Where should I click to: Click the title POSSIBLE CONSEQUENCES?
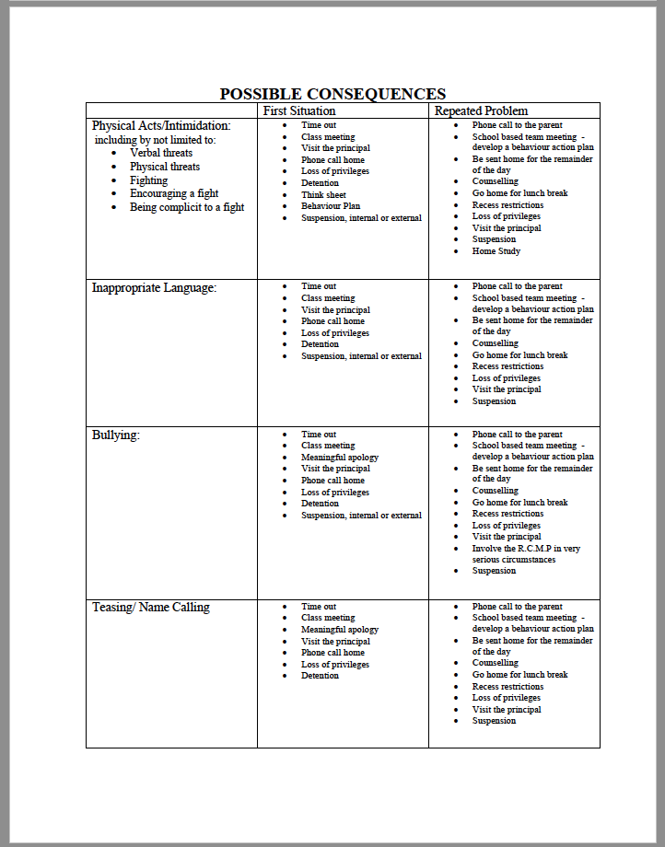(332, 94)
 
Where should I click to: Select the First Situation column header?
(299, 110)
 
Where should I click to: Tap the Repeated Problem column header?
(481, 110)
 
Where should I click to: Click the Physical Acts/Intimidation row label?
(161, 125)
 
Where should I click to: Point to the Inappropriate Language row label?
(154, 288)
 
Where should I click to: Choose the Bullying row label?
(116, 435)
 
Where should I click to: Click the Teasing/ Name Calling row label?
(150, 607)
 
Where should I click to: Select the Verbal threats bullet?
(161, 153)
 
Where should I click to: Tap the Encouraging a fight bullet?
(174, 193)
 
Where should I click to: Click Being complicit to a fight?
(187, 207)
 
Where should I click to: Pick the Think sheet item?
(323, 195)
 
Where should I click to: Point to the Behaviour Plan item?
(331, 206)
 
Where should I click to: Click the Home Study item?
(496, 251)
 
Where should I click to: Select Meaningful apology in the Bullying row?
(340, 458)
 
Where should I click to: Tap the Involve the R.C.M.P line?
(526, 549)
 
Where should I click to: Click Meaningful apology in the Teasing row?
(340, 630)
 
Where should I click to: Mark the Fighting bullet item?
(148, 180)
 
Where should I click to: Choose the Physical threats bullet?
(165, 167)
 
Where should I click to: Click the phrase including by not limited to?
(155, 140)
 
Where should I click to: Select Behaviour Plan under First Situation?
(331, 206)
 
